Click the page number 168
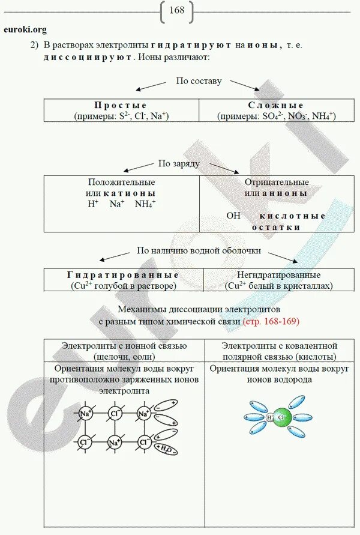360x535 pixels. tap(177, 11)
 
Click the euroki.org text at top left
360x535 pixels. tap(25, 29)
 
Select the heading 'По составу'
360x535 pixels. tap(199, 81)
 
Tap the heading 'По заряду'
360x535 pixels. tap(179, 163)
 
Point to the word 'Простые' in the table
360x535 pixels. tap(121, 106)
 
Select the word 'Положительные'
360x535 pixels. tap(121, 182)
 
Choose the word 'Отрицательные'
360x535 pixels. tap(277, 182)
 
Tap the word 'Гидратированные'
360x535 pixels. tap(123, 275)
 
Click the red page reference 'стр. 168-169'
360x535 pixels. tap(271, 322)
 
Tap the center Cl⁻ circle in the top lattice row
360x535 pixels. tap(114, 413)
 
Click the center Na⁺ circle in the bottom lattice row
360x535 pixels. tap(114, 443)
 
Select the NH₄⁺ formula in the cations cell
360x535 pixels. tap(145, 205)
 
